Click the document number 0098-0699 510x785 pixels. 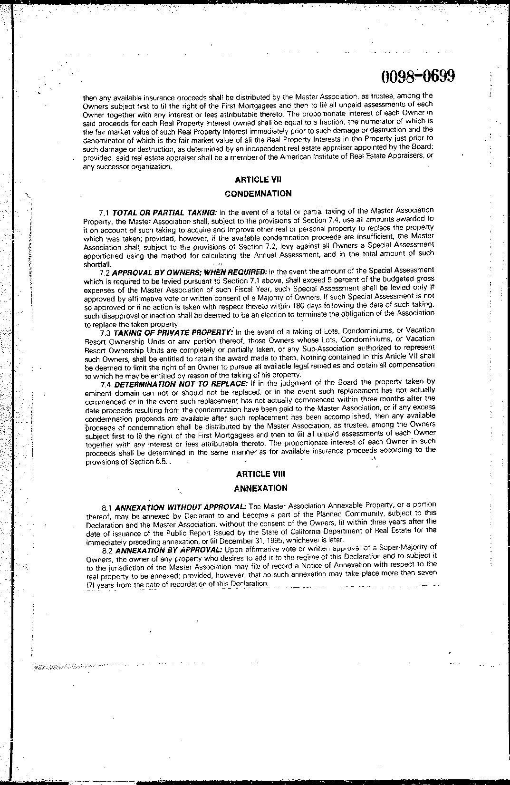(x=418, y=76)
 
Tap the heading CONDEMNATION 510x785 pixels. (x=258, y=194)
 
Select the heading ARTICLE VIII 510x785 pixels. (x=260, y=474)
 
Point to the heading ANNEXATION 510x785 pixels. (x=260, y=488)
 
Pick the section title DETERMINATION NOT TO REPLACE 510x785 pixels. (x=181, y=384)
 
